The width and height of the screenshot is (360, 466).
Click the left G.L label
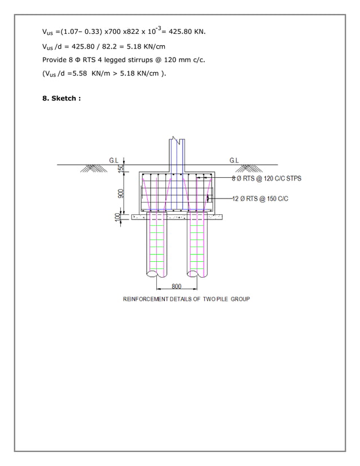coord(114,160)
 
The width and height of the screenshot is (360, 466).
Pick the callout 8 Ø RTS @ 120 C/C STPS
coord(266,178)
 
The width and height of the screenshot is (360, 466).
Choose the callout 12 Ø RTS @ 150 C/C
coord(260,198)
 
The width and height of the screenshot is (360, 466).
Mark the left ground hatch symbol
coord(89,168)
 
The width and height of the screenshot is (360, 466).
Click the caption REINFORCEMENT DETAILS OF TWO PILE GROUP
coord(186,299)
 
